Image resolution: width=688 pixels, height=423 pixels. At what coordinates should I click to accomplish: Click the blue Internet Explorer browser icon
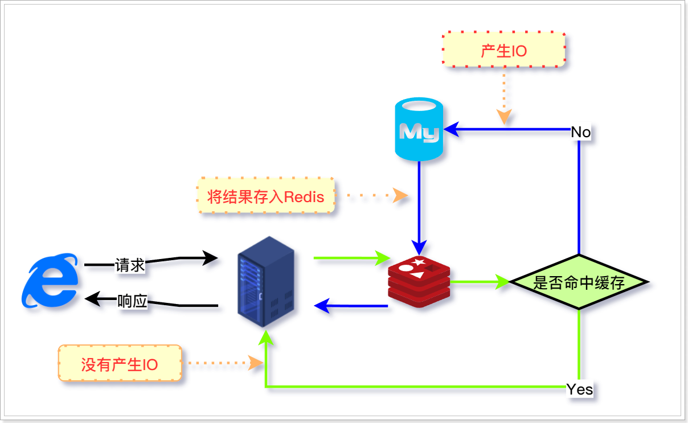[50, 281]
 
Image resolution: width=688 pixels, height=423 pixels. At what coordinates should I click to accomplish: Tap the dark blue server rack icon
[265, 281]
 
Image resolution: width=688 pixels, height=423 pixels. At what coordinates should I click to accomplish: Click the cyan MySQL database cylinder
[419, 130]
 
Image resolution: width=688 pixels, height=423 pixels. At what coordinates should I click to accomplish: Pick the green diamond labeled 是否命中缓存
[579, 282]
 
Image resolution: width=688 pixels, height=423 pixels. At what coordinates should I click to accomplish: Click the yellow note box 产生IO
[504, 50]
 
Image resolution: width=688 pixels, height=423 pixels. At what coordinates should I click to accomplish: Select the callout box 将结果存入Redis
[266, 196]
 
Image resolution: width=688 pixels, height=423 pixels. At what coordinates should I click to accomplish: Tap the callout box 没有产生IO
[120, 363]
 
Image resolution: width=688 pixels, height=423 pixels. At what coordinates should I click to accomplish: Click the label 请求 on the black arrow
[130, 265]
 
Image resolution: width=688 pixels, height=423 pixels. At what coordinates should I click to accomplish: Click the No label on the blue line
[581, 132]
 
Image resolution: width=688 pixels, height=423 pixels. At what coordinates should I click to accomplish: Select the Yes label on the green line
[580, 389]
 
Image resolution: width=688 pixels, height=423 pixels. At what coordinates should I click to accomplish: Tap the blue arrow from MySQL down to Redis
[419, 205]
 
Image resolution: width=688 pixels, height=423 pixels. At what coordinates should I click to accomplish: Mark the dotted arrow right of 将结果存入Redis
[373, 196]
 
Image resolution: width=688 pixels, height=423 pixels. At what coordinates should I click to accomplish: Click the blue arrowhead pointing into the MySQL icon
[452, 130]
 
